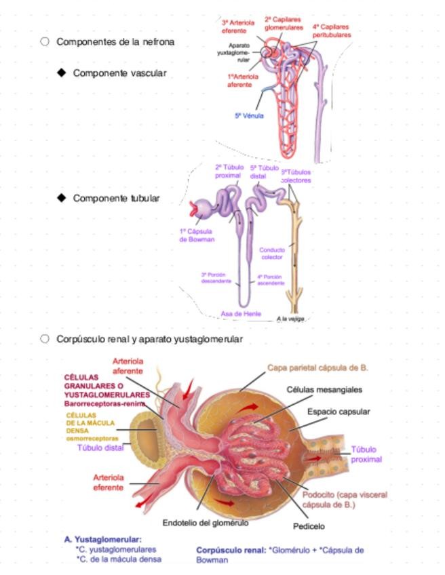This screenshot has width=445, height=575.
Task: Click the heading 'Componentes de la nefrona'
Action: (115, 42)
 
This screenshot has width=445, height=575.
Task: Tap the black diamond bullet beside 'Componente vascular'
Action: (62, 73)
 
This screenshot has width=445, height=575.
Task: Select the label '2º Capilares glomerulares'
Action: (282, 24)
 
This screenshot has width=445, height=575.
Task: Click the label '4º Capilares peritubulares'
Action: (332, 31)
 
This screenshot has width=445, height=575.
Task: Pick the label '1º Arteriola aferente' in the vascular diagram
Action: (243, 81)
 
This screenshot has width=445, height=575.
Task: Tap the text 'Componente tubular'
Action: (116, 198)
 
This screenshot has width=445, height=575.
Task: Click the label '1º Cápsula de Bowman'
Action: (197, 235)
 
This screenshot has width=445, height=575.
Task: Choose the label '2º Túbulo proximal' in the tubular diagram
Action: (228, 171)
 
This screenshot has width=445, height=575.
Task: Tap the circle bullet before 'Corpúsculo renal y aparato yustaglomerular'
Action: (45, 338)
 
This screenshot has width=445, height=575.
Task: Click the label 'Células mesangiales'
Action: (324, 390)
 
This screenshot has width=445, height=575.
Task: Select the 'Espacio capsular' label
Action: (338, 412)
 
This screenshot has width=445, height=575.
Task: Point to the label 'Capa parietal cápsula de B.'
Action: (317, 368)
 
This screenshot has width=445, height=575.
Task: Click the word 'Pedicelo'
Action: (309, 526)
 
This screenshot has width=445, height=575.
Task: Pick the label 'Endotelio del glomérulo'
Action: (205, 523)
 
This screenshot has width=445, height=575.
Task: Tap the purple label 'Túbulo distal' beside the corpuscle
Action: (100, 448)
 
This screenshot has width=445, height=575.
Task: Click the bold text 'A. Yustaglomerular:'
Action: (102, 540)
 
